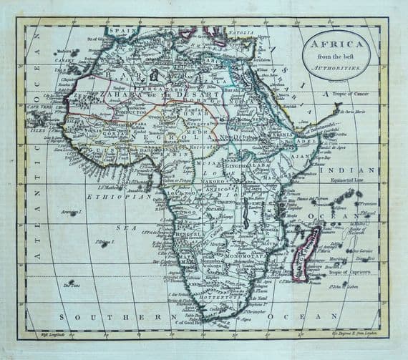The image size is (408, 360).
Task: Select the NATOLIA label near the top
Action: tap(241, 33)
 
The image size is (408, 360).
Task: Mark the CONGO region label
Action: tap(188, 213)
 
